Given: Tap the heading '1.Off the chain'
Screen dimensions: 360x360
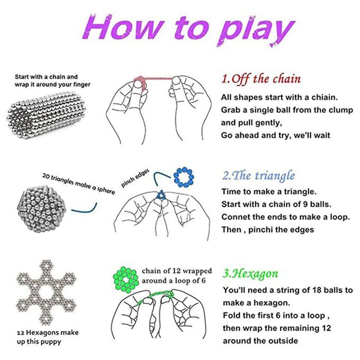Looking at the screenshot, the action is [261, 79].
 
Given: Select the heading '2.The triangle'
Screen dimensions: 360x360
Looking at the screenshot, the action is [258, 176].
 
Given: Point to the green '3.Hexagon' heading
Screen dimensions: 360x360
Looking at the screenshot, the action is [250, 274].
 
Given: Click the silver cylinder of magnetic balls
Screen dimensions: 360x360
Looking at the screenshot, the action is [46, 115].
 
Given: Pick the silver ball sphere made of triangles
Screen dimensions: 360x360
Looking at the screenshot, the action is [42, 209].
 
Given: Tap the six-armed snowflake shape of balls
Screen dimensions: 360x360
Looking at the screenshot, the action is [46, 292].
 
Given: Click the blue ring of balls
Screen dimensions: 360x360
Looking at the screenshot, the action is [184, 177].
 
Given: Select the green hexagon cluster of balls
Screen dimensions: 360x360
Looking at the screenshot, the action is [125, 280].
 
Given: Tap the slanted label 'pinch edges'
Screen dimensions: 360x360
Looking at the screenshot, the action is [135, 178].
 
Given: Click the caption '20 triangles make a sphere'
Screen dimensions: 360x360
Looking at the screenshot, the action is [78, 184].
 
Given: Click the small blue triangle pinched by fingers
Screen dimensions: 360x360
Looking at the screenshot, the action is [161, 195].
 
